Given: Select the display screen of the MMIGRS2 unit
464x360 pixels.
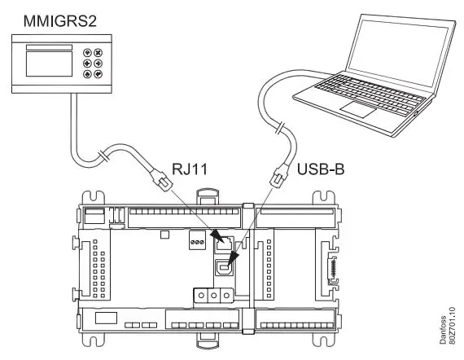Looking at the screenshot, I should (x=49, y=63).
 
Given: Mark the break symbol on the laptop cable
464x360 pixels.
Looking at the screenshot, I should (x=280, y=128).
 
